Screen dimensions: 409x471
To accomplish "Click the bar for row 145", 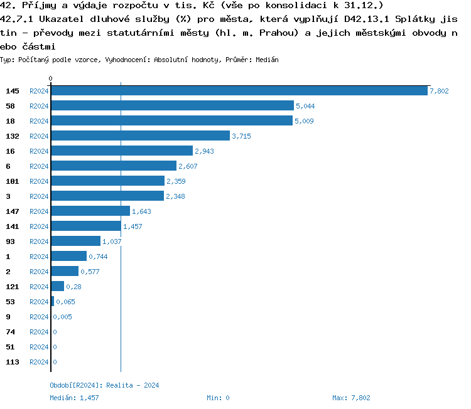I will [x=239, y=90].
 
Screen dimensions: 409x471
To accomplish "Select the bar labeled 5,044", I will [x=172, y=105].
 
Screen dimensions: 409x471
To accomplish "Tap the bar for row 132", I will [x=140, y=135].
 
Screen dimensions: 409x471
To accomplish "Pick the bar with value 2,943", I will [x=122, y=151].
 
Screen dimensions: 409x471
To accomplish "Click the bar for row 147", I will [x=90, y=211].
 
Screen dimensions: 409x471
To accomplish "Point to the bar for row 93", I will [x=75, y=241].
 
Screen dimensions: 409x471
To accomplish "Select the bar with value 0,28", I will [x=58, y=286].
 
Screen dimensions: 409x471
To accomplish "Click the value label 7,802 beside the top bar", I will [x=439, y=91].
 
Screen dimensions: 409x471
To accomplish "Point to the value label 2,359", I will [x=176, y=181].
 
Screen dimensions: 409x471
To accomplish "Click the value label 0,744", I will [x=99, y=257].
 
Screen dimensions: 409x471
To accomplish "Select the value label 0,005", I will [x=62, y=317].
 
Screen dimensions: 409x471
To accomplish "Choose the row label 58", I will [x=10, y=106].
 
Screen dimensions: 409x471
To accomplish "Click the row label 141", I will [x=13, y=226].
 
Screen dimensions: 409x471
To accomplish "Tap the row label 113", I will [x=13, y=362].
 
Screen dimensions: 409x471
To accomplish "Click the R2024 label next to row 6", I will [x=39, y=166].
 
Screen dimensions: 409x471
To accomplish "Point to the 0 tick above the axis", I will [x=51, y=78].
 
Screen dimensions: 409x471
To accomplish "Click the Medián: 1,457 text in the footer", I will [x=74, y=398].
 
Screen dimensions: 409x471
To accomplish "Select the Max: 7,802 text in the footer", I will [x=351, y=398].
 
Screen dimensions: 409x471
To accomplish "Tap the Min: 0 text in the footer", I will [x=218, y=398].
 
